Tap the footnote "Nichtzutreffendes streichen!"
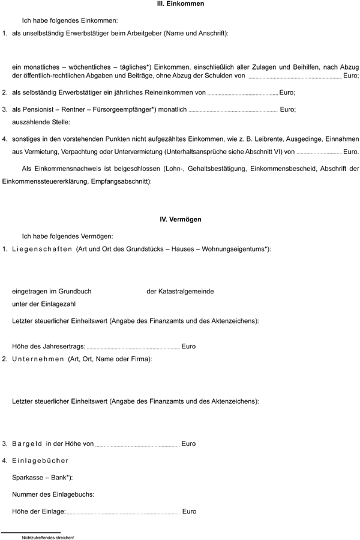tap(47, 538)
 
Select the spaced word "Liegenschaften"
tap(42, 248)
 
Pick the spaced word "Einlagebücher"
tap(40, 461)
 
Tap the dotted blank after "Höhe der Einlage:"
tap(124, 512)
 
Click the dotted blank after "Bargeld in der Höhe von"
tap(137, 445)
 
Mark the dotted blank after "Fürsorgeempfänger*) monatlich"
tap(233, 110)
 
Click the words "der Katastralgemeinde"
tap(180, 292)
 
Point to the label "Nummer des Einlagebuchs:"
tap(53, 495)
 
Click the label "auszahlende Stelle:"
tap(41, 122)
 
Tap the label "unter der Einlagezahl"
tap(44, 304)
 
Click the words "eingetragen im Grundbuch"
tap(52, 292)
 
